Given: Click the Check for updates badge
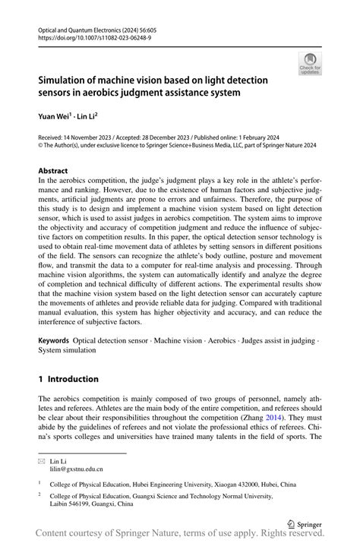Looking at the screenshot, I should [x=310, y=64].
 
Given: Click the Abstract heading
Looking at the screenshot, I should [x=53, y=171].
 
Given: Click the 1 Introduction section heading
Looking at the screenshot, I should [x=68, y=379].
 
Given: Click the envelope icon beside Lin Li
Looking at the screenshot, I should [x=42, y=461].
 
